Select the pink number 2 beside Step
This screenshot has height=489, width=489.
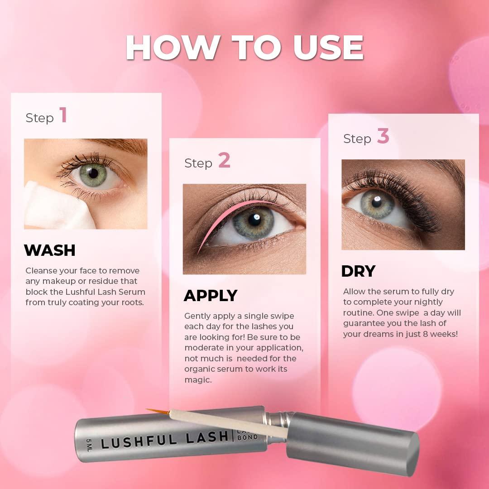pyautogui.click(x=224, y=161)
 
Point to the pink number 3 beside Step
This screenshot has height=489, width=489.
pyautogui.click(x=383, y=136)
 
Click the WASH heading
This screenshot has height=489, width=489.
pyautogui.click(x=50, y=250)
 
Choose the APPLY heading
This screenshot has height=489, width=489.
pyautogui.click(x=211, y=296)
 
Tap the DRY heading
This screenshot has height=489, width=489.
pyautogui.click(x=358, y=271)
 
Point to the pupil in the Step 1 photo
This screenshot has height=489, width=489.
pyautogui.click(x=93, y=173)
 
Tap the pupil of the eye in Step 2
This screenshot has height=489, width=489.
pyautogui.click(x=254, y=220)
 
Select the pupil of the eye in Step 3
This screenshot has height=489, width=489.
pyautogui.click(x=376, y=201)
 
